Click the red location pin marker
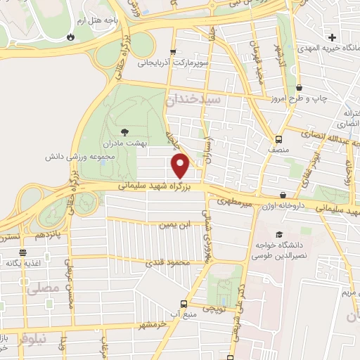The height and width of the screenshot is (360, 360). [x=181, y=166]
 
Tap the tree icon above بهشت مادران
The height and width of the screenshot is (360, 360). [x=125, y=131]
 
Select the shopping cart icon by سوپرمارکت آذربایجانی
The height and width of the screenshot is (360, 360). [x=173, y=52]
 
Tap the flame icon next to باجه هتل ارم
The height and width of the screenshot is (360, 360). [x=70, y=37]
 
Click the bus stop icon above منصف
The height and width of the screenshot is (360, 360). [x=279, y=139]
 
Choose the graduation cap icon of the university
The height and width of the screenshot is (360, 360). [x=279, y=235]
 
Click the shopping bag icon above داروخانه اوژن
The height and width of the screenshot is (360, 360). [x=283, y=195]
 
